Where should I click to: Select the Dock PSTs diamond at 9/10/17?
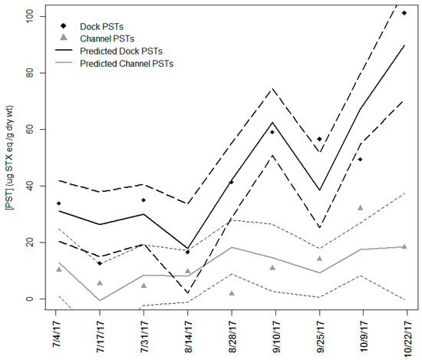[x=272, y=132]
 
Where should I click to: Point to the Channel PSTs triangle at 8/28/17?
[x=231, y=293]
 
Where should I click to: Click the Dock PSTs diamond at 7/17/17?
[x=101, y=263]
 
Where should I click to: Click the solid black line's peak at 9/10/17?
[x=272, y=122]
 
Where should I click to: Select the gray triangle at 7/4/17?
[x=58, y=269]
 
